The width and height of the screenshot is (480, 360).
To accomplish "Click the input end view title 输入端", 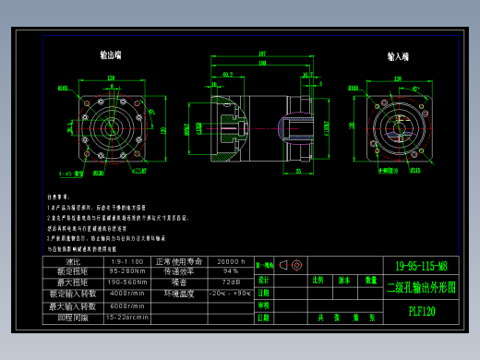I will coord(398,56).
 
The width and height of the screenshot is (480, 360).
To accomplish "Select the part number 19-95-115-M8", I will coord(421,265).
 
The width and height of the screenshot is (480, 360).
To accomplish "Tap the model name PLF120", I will coord(422,311).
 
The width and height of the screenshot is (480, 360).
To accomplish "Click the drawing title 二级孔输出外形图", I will coord(421,287).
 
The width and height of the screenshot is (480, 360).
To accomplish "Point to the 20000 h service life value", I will coord(230,261).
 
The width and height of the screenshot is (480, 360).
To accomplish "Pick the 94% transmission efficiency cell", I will coord(230,271).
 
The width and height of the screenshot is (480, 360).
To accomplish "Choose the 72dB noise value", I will coord(230,282).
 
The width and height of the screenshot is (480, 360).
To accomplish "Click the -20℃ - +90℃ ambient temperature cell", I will coord(230,294).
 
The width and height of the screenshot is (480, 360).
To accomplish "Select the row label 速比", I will coord(73,261).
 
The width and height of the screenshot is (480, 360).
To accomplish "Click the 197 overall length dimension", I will coord(262,54).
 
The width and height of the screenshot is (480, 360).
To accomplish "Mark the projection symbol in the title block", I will coord(290,265).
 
